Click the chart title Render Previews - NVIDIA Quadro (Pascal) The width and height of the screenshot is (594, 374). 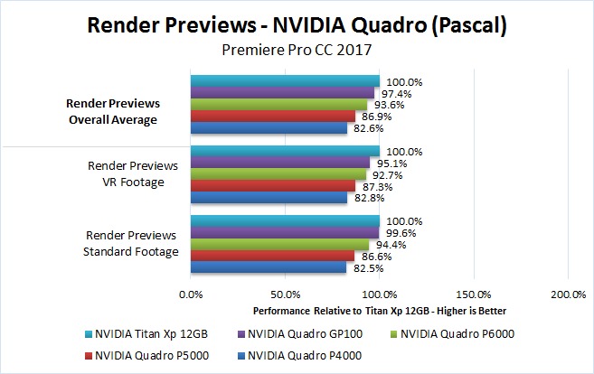pyautogui.click(x=297, y=25)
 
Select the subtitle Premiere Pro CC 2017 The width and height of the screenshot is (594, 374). pyautogui.click(x=297, y=51)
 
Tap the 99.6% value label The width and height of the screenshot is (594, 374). pyautogui.click(x=398, y=233)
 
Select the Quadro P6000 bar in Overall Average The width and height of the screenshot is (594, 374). pyautogui.click(x=278, y=105)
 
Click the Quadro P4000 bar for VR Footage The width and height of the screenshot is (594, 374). pyautogui.click(x=269, y=198)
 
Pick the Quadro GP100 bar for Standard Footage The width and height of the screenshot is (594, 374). pyautogui.click(x=284, y=233)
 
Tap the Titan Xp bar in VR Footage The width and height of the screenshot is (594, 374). pyautogui.click(x=285, y=151)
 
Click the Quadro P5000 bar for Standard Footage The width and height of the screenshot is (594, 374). pyautogui.click(x=272, y=256)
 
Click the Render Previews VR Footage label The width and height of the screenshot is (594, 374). pyautogui.click(x=132, y=173)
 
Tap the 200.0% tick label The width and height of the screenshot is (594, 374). pyautogui.click(x=567, y=295)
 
